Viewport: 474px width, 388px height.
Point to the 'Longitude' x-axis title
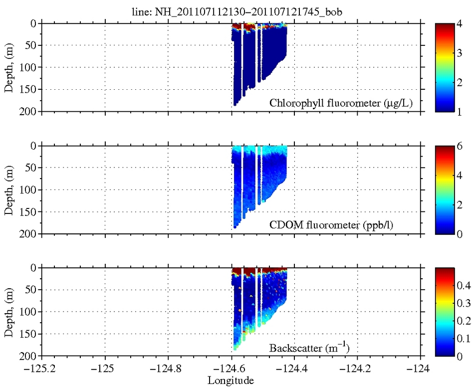coord(231,381)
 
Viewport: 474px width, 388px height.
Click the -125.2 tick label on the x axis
coord(42,370)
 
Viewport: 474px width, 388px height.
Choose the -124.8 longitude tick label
coord(168,370)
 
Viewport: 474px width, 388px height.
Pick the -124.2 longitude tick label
coord(357,370)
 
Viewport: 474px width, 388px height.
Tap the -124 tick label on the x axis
coord(421,370)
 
